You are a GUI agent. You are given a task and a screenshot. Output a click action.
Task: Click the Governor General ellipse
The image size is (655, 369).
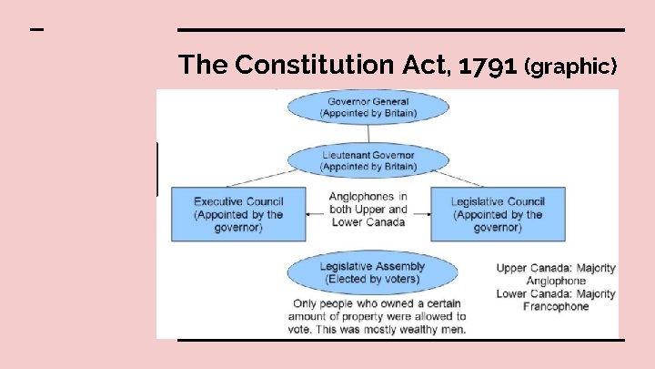368,107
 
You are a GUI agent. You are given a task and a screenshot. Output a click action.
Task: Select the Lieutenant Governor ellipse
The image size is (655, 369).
368,161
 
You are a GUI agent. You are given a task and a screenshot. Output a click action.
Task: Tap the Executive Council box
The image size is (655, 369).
238,214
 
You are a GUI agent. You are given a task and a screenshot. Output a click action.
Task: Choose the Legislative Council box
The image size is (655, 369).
497,214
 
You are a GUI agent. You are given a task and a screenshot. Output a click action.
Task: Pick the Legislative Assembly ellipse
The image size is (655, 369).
368,272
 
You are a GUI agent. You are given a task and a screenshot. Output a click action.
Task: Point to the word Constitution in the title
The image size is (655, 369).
301,66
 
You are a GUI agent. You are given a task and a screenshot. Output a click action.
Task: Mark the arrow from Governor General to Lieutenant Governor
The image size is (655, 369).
368,134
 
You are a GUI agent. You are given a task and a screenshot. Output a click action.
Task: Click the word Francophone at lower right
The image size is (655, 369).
556,307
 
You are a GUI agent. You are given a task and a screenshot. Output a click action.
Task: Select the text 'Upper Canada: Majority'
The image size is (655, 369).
556,269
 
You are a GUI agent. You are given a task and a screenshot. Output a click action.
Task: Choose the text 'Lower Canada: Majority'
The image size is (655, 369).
556,294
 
